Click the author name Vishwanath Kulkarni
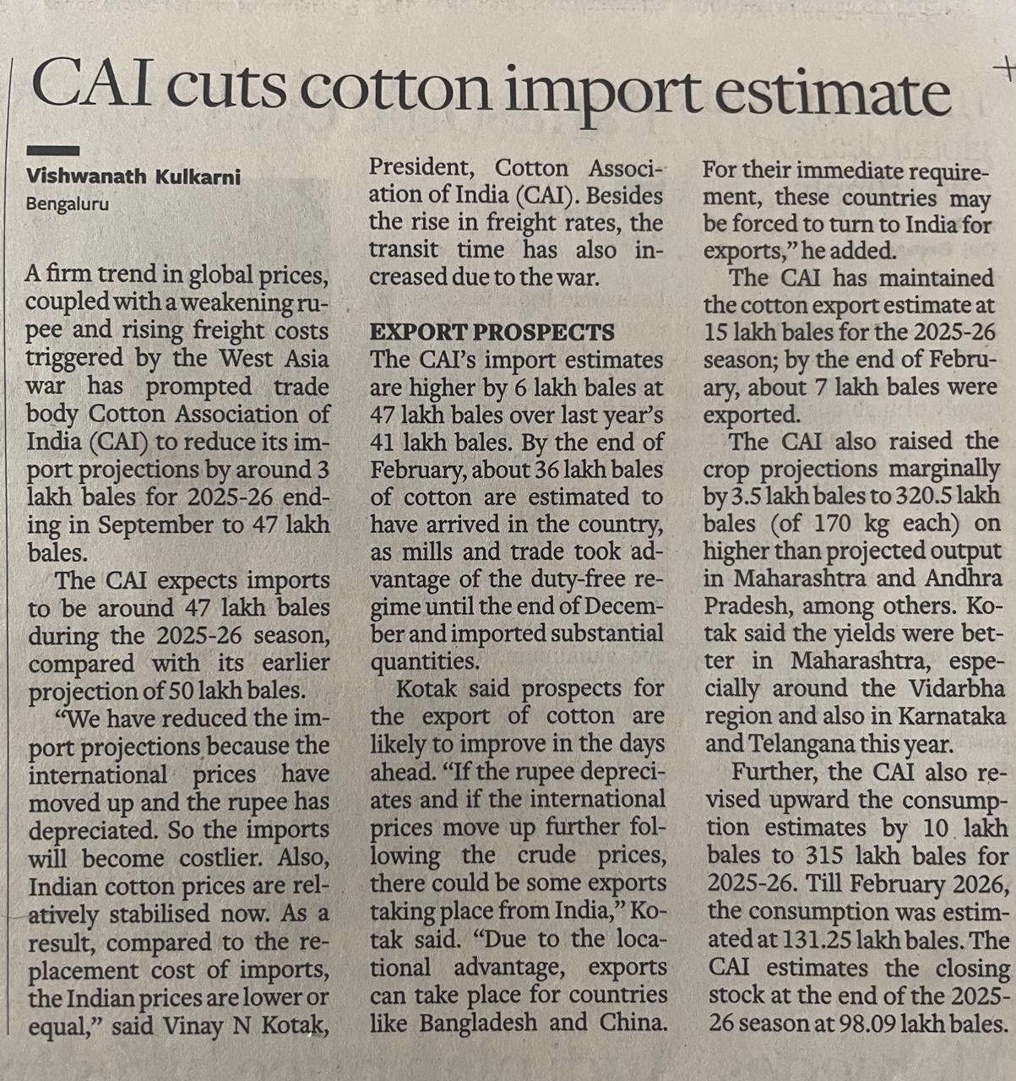click(133, 177)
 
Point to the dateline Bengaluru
click(67, 204)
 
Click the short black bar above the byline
click(52, 150)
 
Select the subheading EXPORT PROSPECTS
click(492, 332)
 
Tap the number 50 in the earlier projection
click(185, 691)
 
